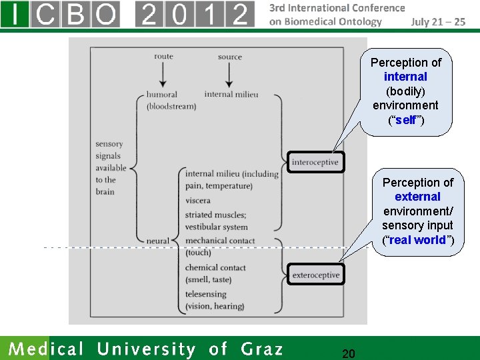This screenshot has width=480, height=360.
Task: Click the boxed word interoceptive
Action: coord(315,162)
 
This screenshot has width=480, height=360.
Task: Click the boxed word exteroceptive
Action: coord(316,275)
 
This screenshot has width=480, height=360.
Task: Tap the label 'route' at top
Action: coord(163,56)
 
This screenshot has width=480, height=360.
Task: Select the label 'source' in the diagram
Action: coord(229,57)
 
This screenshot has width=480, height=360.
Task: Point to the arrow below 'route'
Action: coord(163,75)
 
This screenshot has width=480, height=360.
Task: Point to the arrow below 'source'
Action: coord(229,75)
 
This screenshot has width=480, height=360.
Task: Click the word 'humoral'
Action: coord(162,95)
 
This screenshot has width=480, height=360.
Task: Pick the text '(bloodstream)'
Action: coord(171,107)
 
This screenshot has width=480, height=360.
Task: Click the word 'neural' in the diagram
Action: coord(158,240)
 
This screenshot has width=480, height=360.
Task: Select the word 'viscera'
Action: coord(198,200)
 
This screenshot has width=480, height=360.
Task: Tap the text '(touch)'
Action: coord(198,253)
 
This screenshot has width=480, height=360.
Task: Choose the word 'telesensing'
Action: coord(206,294)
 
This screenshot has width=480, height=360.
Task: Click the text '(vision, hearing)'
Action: coord(215,306)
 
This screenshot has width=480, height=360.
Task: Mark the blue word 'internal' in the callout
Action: coord(405,77)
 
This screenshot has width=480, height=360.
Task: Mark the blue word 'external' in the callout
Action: coord(417,197)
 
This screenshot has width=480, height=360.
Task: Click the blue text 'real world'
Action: coord(417,240)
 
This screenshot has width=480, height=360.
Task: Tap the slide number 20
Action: coord(348,353)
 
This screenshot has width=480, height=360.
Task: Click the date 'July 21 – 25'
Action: coord(438,21)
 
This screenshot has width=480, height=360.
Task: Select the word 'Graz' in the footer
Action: coord(262,349)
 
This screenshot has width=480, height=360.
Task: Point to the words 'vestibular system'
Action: coord(216,227)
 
